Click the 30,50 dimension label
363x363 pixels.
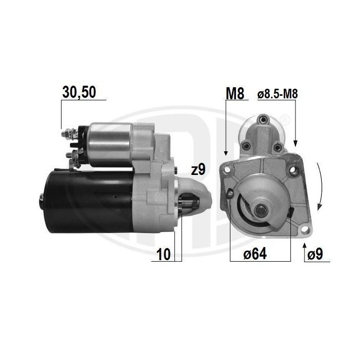point(79,92)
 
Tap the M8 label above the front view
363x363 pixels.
point(235,94)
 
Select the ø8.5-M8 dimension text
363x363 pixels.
point(278,94)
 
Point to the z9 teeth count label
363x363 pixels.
point(199,170)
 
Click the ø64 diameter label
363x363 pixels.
point(255,254)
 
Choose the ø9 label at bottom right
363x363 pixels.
point(315,254)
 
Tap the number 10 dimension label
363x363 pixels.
point(163,254)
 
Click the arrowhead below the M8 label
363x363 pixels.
point(226,153)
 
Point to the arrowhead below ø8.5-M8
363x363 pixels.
point(295,143)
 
